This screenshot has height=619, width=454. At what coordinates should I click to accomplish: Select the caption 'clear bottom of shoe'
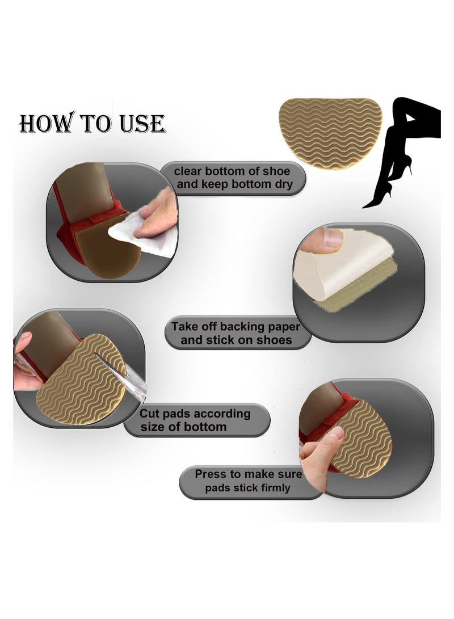(232, 171)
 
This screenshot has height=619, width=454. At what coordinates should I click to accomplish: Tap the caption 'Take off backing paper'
(236, 327)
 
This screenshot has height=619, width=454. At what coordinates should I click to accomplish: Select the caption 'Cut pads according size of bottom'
(195, 420)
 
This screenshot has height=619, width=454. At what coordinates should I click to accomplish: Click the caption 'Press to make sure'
(248, 474)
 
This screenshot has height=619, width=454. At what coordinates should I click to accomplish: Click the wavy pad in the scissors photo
(79, 386)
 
